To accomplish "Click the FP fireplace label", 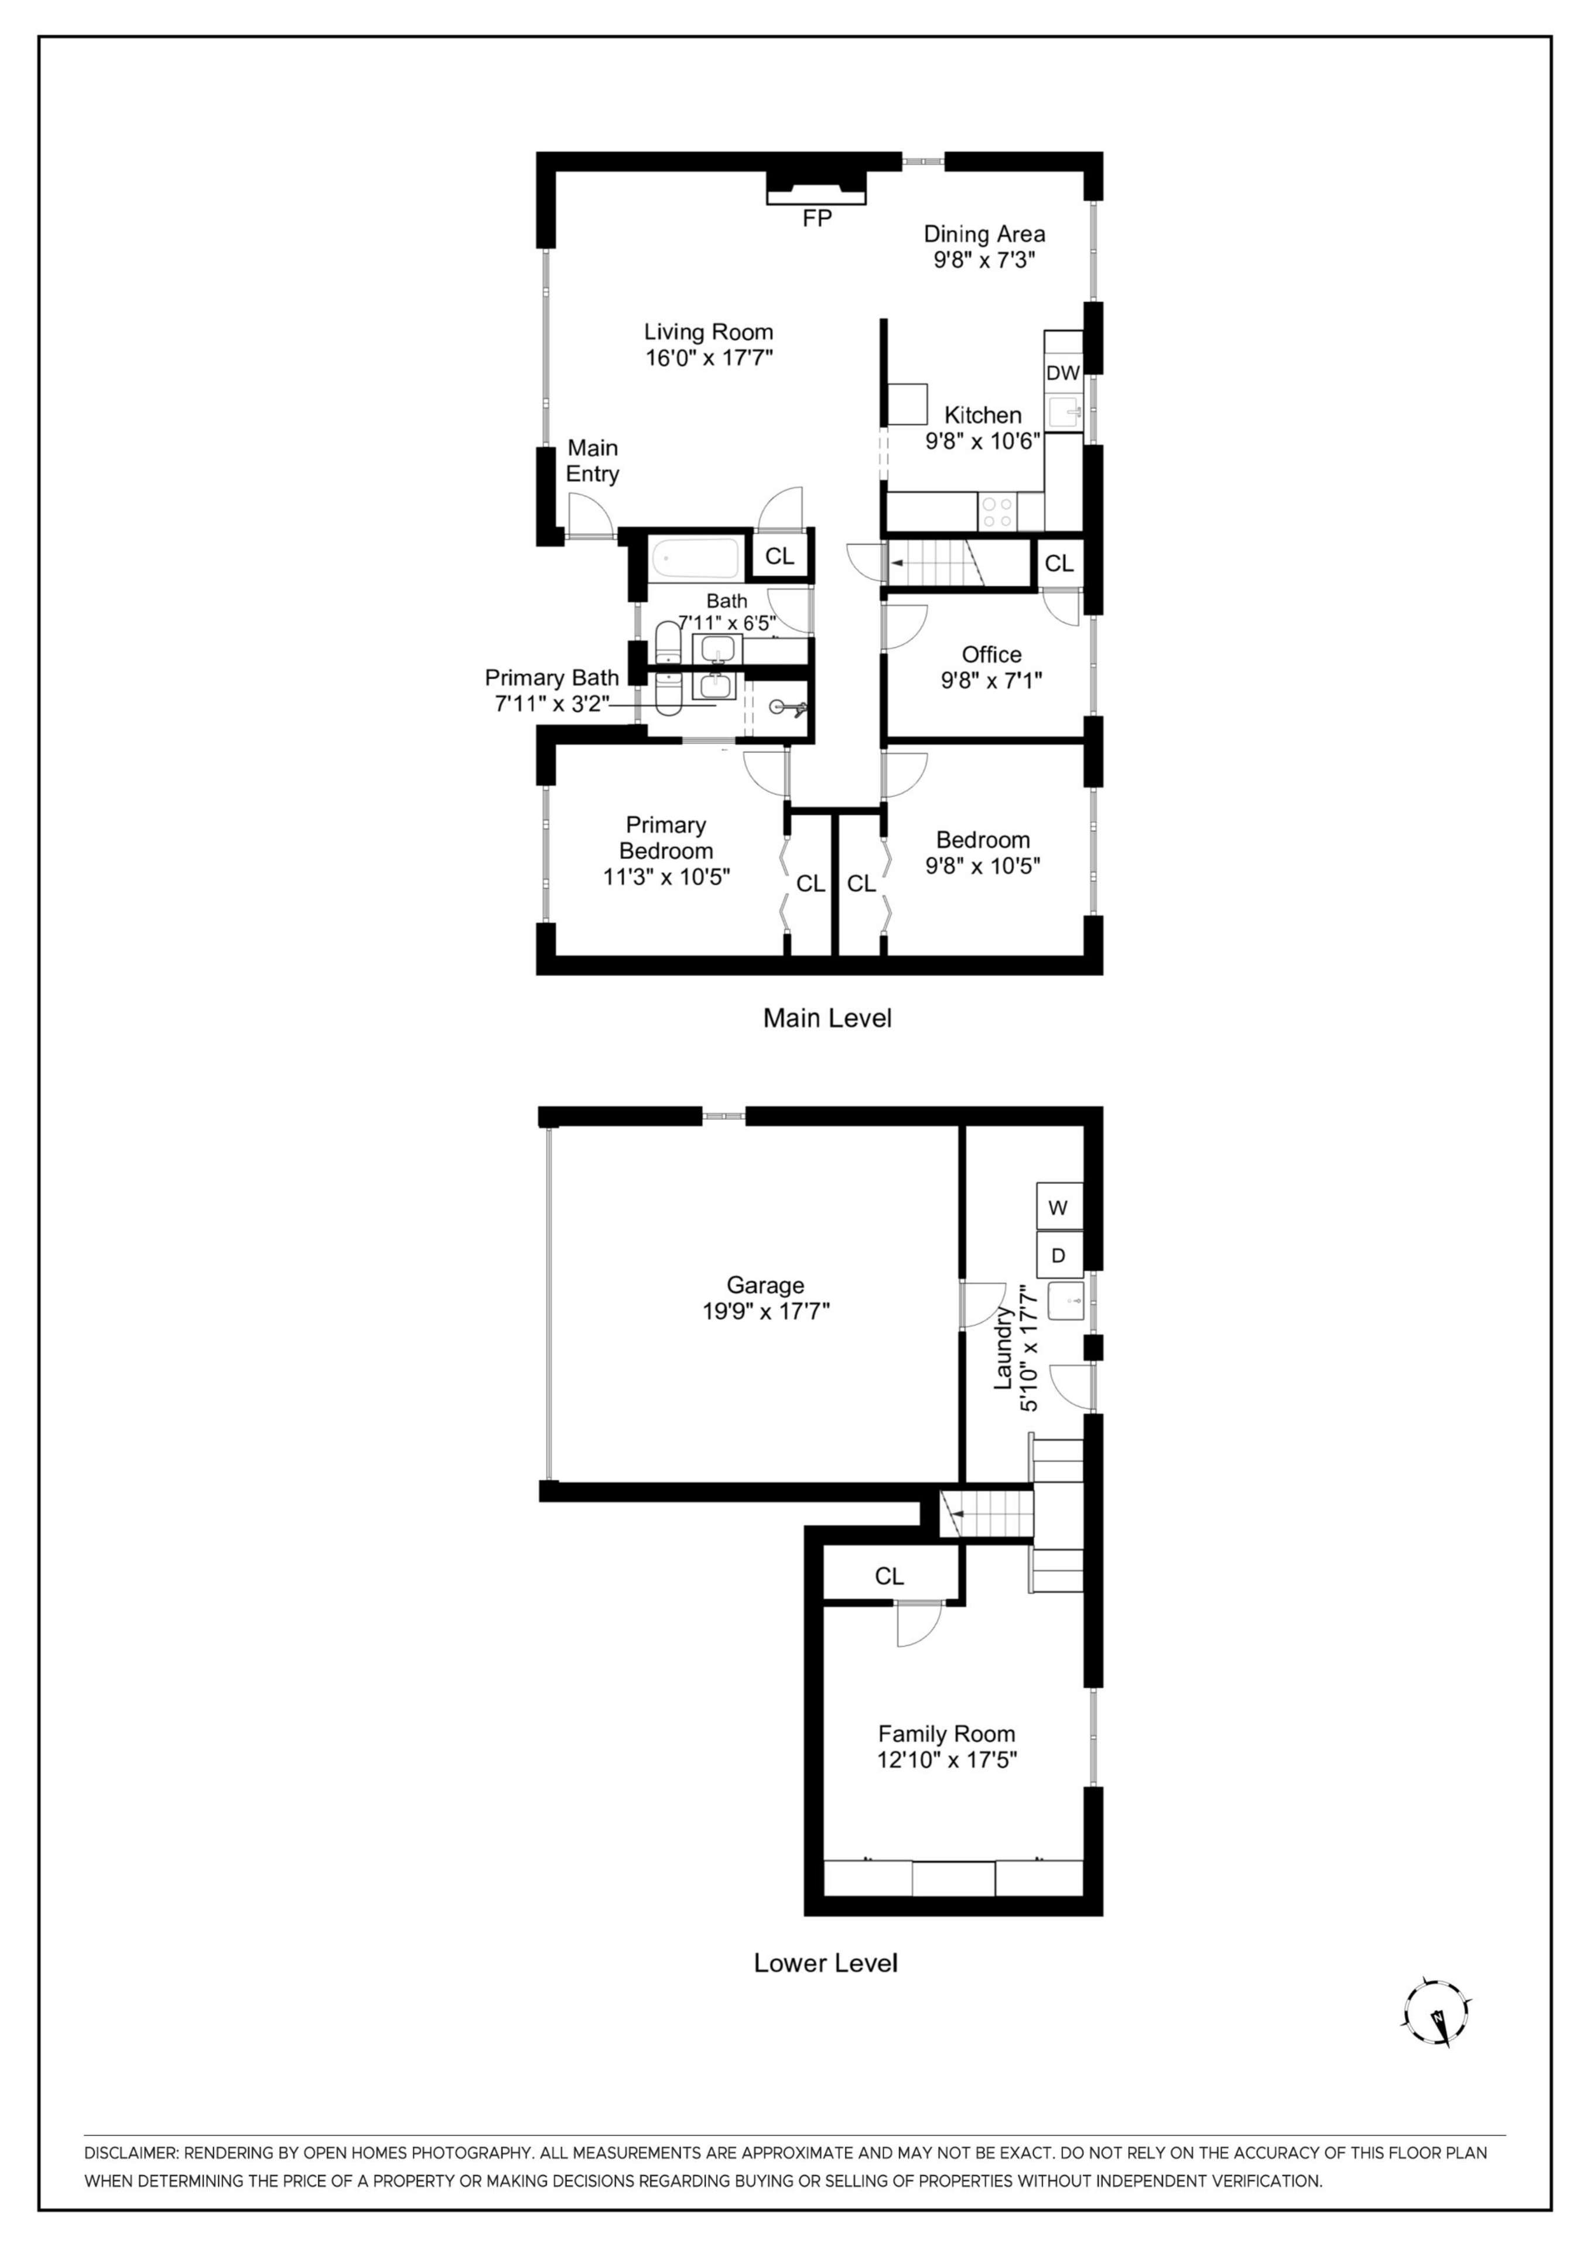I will click(816, 219).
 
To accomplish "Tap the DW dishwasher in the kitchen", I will click(1063, 373).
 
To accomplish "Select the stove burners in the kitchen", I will click(997, 512).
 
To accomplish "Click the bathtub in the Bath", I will click(696, 558).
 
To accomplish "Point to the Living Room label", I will click(707, 332).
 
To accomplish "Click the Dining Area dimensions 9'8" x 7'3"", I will click(984, 261).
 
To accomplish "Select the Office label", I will click(991, 654).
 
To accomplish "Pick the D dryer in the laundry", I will click(1058, 1255).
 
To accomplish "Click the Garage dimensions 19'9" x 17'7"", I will click(765, 1311).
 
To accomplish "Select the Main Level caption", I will click(827, 1019).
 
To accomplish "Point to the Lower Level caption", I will click(825, 1963).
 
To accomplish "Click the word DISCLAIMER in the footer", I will click(131, 2153).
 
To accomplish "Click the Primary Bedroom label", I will click(666, 838).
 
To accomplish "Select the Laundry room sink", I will click(1066, 1300).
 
